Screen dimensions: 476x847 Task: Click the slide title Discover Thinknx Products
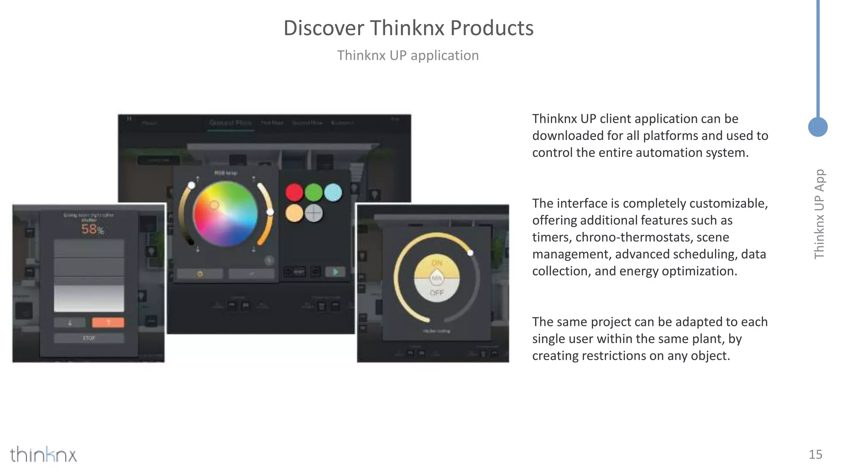coord(408,28)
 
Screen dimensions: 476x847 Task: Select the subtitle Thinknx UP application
coord(408,55)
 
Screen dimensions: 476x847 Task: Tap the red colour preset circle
coord(294,193)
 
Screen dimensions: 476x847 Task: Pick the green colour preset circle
coord(313,192)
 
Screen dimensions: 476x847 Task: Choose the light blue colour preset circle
coord(333,193)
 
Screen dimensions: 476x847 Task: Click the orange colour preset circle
coord(294,213)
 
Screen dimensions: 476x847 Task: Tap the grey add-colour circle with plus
coord(314,213)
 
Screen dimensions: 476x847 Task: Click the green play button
coord(335,272)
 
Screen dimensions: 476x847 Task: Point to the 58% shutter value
coord(92,229)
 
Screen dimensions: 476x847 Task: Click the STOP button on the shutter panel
coord(89,338)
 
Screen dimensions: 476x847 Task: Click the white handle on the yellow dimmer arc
coord(470,253)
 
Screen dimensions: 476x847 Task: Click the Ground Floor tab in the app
coord(230,123)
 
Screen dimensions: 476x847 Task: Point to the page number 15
coord(815,455)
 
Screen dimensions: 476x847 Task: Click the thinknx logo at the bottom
coord(43,455)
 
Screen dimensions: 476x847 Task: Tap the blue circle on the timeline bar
coord(818,127)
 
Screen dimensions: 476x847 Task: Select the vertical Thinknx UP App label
coord(819,214)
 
